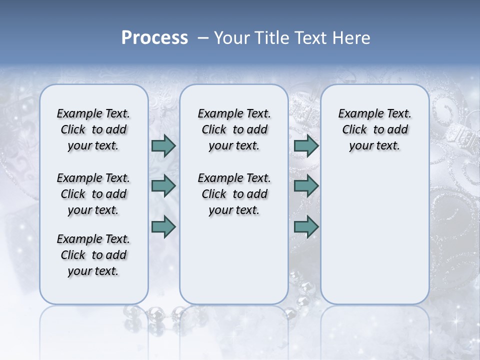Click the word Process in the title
click(154, 38)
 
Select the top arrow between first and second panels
click(163, 145)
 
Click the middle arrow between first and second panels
click(163, 186)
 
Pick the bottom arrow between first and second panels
click(163, 226)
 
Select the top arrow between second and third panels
click(306, 145)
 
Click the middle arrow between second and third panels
click(306, 186)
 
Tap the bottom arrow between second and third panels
click(306, 226)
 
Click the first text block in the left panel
click(93, 129)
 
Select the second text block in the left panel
click(93, 194)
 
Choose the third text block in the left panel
click(93, 255)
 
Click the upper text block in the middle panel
click(234, 129)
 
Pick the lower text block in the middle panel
click(234, 194)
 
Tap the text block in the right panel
click(374, 129)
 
